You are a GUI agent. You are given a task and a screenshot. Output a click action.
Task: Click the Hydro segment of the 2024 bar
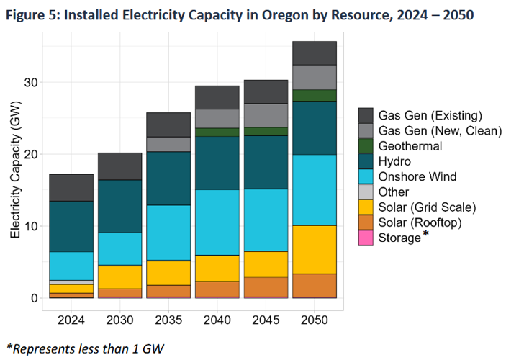point(71,226)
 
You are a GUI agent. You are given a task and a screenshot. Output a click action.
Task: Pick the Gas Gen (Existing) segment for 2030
point(119,166)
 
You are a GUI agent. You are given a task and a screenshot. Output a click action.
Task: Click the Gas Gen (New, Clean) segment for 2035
point(168,144)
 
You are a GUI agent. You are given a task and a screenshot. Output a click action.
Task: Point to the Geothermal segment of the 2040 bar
point(217,132)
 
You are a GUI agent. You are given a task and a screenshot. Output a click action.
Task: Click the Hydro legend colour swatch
point(366,161)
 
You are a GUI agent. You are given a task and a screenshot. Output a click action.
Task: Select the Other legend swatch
point(366,192)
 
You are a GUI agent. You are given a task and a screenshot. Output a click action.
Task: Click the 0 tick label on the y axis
point(32,298)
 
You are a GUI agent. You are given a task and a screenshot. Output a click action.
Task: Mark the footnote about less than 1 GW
point(85,348)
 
